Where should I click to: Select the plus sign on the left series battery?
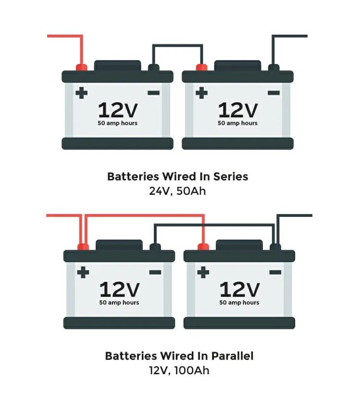(82, 92)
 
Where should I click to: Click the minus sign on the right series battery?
(273, 92)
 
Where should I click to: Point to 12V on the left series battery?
(117, 110)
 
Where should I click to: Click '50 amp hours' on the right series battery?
(237, 123)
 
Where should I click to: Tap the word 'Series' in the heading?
(231, 177)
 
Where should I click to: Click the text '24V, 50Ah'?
(178, 191)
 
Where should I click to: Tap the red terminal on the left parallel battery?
(83, 247)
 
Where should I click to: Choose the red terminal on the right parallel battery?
(203, 247)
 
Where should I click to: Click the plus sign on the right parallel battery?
(203, 272)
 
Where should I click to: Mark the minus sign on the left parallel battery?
(155, 272)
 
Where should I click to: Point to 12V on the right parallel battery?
(239, 290)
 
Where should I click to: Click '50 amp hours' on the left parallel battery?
(119, 303)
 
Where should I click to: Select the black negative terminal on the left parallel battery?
(155, 247)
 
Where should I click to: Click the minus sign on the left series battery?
(153, 92)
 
